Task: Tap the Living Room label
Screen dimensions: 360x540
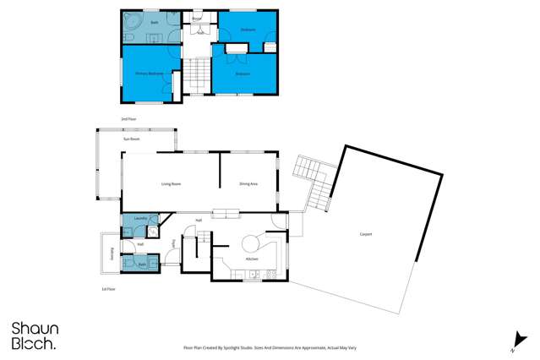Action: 172,183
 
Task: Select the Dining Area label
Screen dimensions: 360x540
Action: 248,183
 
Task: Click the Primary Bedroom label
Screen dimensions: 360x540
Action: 149,74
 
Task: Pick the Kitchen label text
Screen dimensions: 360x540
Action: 251,259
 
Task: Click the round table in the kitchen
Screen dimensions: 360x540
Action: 253,240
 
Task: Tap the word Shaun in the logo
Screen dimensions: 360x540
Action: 30,329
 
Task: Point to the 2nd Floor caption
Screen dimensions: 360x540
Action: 128,119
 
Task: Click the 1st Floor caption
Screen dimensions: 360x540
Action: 108,290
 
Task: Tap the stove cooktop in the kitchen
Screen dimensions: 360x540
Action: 270,274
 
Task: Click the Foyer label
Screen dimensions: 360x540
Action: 173,244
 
